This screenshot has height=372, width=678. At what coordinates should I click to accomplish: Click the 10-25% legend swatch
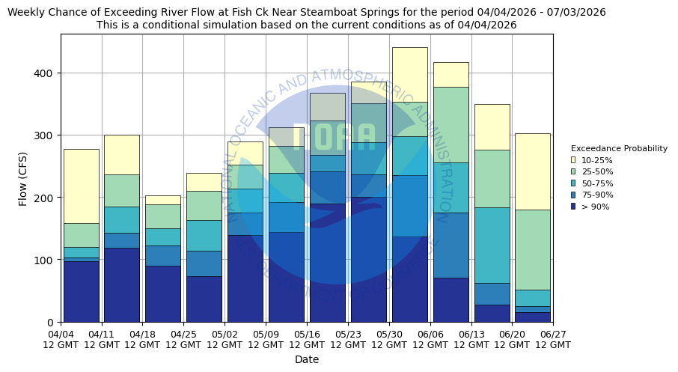[573, 160]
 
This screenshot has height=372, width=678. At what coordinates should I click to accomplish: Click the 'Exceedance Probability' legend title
[619, 148]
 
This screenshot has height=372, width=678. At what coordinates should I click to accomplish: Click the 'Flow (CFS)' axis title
[23, 178]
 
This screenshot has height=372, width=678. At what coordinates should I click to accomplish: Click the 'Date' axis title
[307, 359]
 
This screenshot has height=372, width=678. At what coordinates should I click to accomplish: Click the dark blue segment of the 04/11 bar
[122, 284]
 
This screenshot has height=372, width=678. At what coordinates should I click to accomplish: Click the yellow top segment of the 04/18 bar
[163, 200]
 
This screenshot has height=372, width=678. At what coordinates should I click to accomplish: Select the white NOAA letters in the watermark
[334, 137]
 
